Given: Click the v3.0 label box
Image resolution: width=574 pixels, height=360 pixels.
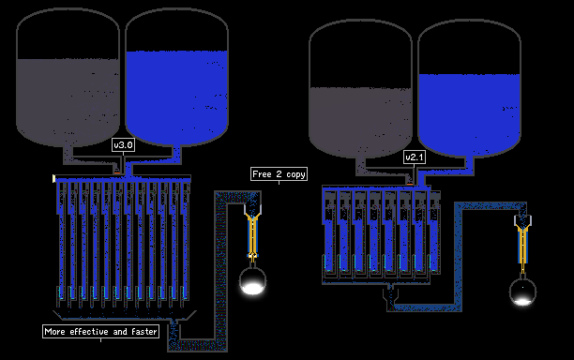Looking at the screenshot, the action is coord(123,145).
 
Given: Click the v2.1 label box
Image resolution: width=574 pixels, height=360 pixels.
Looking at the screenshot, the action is coord(415,157).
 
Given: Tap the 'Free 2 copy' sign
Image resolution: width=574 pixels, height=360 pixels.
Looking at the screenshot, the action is coord(279,174).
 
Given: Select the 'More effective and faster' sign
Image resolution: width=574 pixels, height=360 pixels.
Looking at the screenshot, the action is coord(100,332).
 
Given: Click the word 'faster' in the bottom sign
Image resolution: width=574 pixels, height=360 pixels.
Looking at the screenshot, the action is coord(143,332).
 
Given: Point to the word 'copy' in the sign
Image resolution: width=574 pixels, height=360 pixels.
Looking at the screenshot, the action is coord(295,174).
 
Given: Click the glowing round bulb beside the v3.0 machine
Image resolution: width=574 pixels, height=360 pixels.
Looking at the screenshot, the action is coord(252,281).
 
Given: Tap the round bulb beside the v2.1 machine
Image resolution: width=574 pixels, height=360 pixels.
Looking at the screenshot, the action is coord(522,292).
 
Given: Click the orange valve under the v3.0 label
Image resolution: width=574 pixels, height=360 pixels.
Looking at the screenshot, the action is coord(117,172).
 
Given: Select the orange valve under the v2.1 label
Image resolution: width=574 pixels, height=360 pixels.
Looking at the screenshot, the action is coord(410,183).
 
